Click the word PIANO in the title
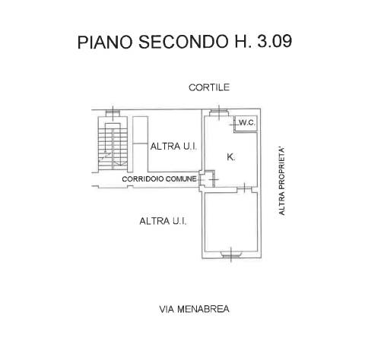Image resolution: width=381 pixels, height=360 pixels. tap(105, 42)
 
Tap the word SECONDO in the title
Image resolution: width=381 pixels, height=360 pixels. tap(183, 42)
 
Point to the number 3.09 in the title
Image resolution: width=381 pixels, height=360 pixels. tap(275, 41)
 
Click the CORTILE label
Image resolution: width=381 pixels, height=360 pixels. tap(209, 87)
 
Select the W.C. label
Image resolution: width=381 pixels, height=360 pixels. tap(247, 123)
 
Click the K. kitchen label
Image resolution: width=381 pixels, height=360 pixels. tap(230, 157)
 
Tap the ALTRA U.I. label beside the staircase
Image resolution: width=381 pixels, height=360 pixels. tap(173, 147)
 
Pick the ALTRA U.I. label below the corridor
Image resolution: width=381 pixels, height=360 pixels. tap(163, 221)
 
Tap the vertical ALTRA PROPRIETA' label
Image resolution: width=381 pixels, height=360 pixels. tap(281, 182)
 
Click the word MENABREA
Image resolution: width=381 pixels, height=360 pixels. tap(203, 309)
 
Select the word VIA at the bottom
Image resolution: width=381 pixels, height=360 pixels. tap(167, 309)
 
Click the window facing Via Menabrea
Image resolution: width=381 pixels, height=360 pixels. tap(231, 254)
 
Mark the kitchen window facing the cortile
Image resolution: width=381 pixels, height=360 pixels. tap(219, 112)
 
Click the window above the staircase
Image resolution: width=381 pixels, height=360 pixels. tap(113, 112)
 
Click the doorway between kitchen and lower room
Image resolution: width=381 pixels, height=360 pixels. tap(244, 188)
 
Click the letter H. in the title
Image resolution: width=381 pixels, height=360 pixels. tap(243, 41)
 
